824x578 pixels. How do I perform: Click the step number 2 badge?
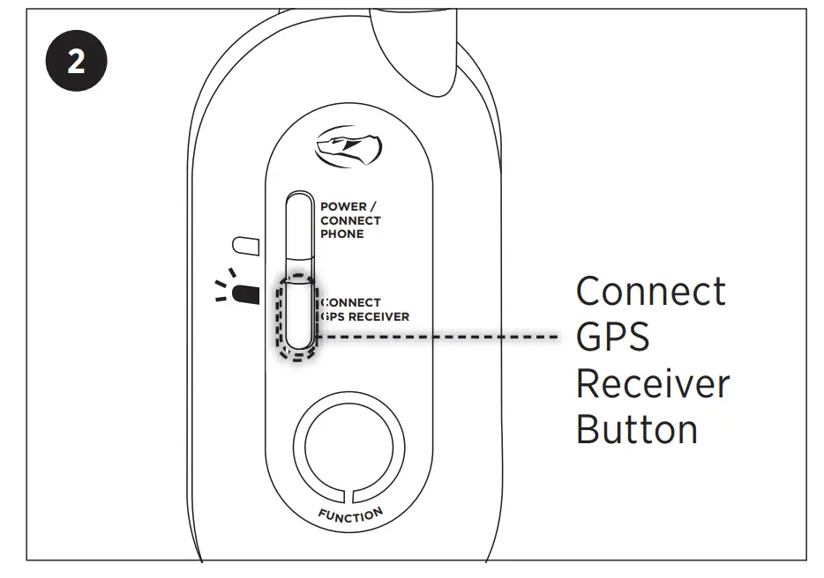point(77,63)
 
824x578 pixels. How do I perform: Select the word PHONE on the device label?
point(341,234)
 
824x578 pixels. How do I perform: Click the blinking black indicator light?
point(246,293)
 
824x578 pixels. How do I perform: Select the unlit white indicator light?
point(243,244)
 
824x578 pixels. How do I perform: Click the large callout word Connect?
point(651,292)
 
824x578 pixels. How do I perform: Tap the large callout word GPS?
point(612,337)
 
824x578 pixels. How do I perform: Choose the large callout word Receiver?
point(653,384)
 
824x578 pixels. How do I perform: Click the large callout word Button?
point(637,430)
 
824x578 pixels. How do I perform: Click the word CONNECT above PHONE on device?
point(350,220)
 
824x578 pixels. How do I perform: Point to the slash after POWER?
point(373,207)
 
